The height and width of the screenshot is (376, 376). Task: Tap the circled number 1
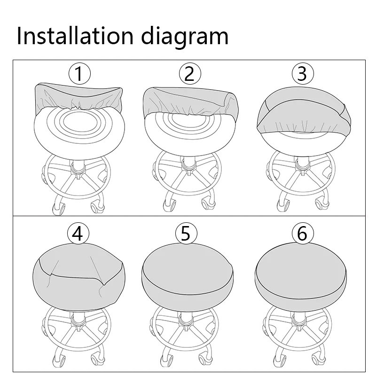(79, 74)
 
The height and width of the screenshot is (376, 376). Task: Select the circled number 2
(190, 74)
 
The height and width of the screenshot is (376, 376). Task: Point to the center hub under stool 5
(185, 323)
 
